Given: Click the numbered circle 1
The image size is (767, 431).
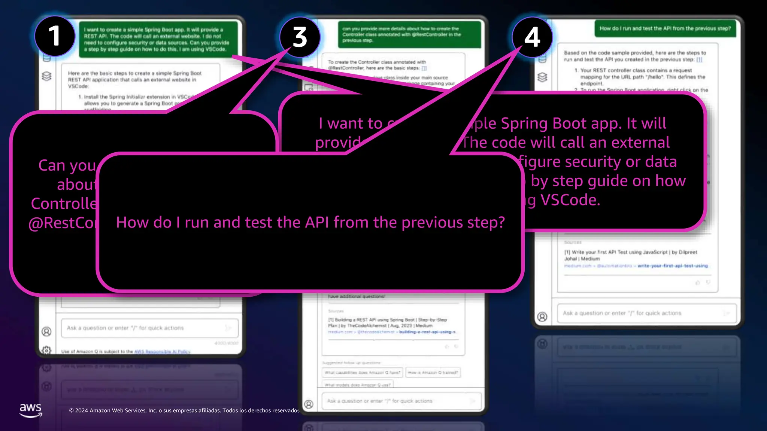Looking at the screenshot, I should pyautogui.click(x=55, y=36).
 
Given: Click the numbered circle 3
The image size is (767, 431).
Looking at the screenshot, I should pyautogui.click(x=300, y=37).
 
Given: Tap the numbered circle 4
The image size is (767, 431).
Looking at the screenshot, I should pyautogui.click(x=532, y=37).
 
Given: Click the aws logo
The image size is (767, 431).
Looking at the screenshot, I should pyautogui.click(x=30, y=410).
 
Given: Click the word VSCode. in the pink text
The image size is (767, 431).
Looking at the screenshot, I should pyautogui.click(x=570, y=200).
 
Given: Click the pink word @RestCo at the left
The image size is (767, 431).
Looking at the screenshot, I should pyautogui.click(x=62, y=223).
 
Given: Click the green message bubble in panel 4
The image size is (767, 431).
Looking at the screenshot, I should pyautogui.click(x=665, y=28).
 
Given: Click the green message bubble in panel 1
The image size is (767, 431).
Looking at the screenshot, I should pyautogui.click(x=158, y=39).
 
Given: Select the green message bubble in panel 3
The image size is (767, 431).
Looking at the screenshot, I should pyautogui.click(x=409, y=34).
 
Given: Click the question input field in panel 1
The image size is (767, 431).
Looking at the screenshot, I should pyautogui.click(x=149, y=328).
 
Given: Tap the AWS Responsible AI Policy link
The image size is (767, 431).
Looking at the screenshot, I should pyautogui.click(x=162, y=352).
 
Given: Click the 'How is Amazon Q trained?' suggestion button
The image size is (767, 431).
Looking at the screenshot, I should pyautogui.click(x=433, y=373).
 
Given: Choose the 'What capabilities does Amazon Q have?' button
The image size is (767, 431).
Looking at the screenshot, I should pyautogui.click(x=362, y=373).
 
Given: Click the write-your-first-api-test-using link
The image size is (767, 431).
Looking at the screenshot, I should pyautogui.click(x=672, y=266).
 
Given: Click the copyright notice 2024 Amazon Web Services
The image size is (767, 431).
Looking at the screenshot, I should pyautogui.click(x=184, y=410).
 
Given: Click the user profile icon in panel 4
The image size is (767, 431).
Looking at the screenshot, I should pyautogui.click(x=542, y=317).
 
